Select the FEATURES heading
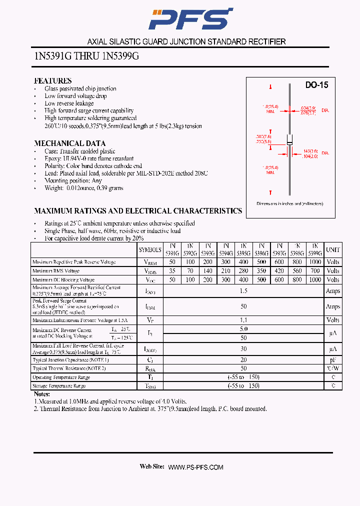pyautogui.click(x=52, y=80)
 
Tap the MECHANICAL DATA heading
pyautogui.click(x=69, y=143)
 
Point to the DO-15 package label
pyautogui.click(x=316, y=85)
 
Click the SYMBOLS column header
pyautogui.click(x=150, y=249)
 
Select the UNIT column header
pyautogui.click(x=332, y=249)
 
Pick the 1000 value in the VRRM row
pyautogui.click(x=315, y=262)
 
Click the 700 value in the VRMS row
pyautogui.click(x=315, y=271)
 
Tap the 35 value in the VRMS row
pyautogui.click(x=172, y=271)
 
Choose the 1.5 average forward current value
pyautogui.click(x=244, y=291)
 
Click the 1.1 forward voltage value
pyautogui.click(x=244, y=320)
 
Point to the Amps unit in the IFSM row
pyautogui.click(x=332, y=306)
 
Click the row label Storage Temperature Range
pyautogui.click(x=59, y=386)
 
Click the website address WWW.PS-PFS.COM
pyautogui.click(x=195, y=467)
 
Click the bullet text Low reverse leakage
pyautogui.click(x=69, y=103)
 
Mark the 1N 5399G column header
pyautogui.click(x=315, y=249)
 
